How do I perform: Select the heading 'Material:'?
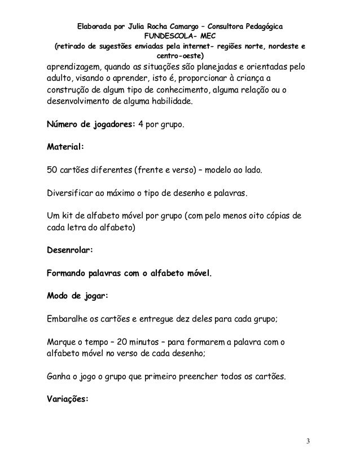click(x=65, y=148)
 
